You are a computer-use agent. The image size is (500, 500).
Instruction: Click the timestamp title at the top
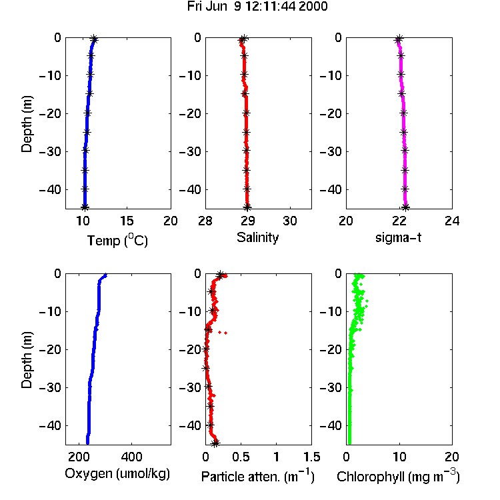(x=257, y=7)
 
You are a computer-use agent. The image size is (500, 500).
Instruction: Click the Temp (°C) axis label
(x=117, y=240)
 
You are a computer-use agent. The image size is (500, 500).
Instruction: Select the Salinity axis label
(x=257, y=237)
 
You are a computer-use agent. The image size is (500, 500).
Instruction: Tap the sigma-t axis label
(x=398, y=237)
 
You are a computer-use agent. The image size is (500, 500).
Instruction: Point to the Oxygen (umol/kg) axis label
(x=117, y=474)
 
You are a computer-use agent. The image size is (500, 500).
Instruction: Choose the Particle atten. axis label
(x=257, y=476)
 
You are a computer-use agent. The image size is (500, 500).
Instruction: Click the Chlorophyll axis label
(x=398, y=476)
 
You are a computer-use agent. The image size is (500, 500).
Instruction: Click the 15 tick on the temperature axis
(x=127, y=221)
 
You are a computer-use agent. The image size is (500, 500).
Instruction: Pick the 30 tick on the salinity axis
(x=290, y=221)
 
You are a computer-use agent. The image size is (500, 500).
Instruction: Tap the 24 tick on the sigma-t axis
(x=452, y=221)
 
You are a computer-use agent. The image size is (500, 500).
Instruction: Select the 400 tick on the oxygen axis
(x=131, y=457)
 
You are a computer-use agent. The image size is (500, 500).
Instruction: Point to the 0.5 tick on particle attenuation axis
(x=241, y=457)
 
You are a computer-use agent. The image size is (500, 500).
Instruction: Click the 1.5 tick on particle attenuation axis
(x=311, y=457)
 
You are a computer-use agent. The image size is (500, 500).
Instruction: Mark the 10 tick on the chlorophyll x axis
(x=399, y=457)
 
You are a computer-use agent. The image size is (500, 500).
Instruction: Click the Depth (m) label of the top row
(x=27, y=124)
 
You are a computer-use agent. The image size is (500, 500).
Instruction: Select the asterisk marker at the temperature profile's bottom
(x=85, y=207)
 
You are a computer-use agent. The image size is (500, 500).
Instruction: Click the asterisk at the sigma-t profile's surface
(x=399, y=39)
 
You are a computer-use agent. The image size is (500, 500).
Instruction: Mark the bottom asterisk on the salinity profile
(x=247, y=207)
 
